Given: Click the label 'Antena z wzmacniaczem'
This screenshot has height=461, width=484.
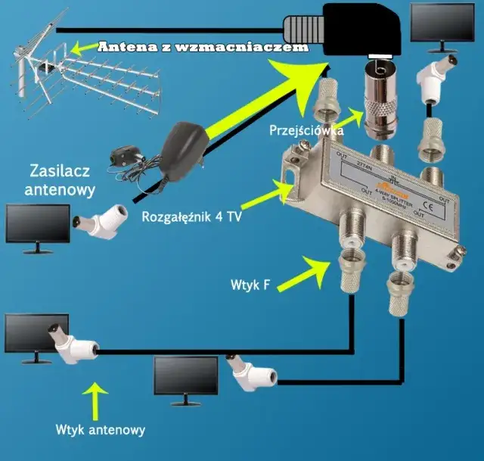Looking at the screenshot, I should pos(203,47).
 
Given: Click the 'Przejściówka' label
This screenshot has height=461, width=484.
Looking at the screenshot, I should pos(307,131).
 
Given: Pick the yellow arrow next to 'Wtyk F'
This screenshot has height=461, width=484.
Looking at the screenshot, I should pos(310,269).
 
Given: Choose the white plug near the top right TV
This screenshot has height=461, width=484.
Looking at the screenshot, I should pos(436,79).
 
